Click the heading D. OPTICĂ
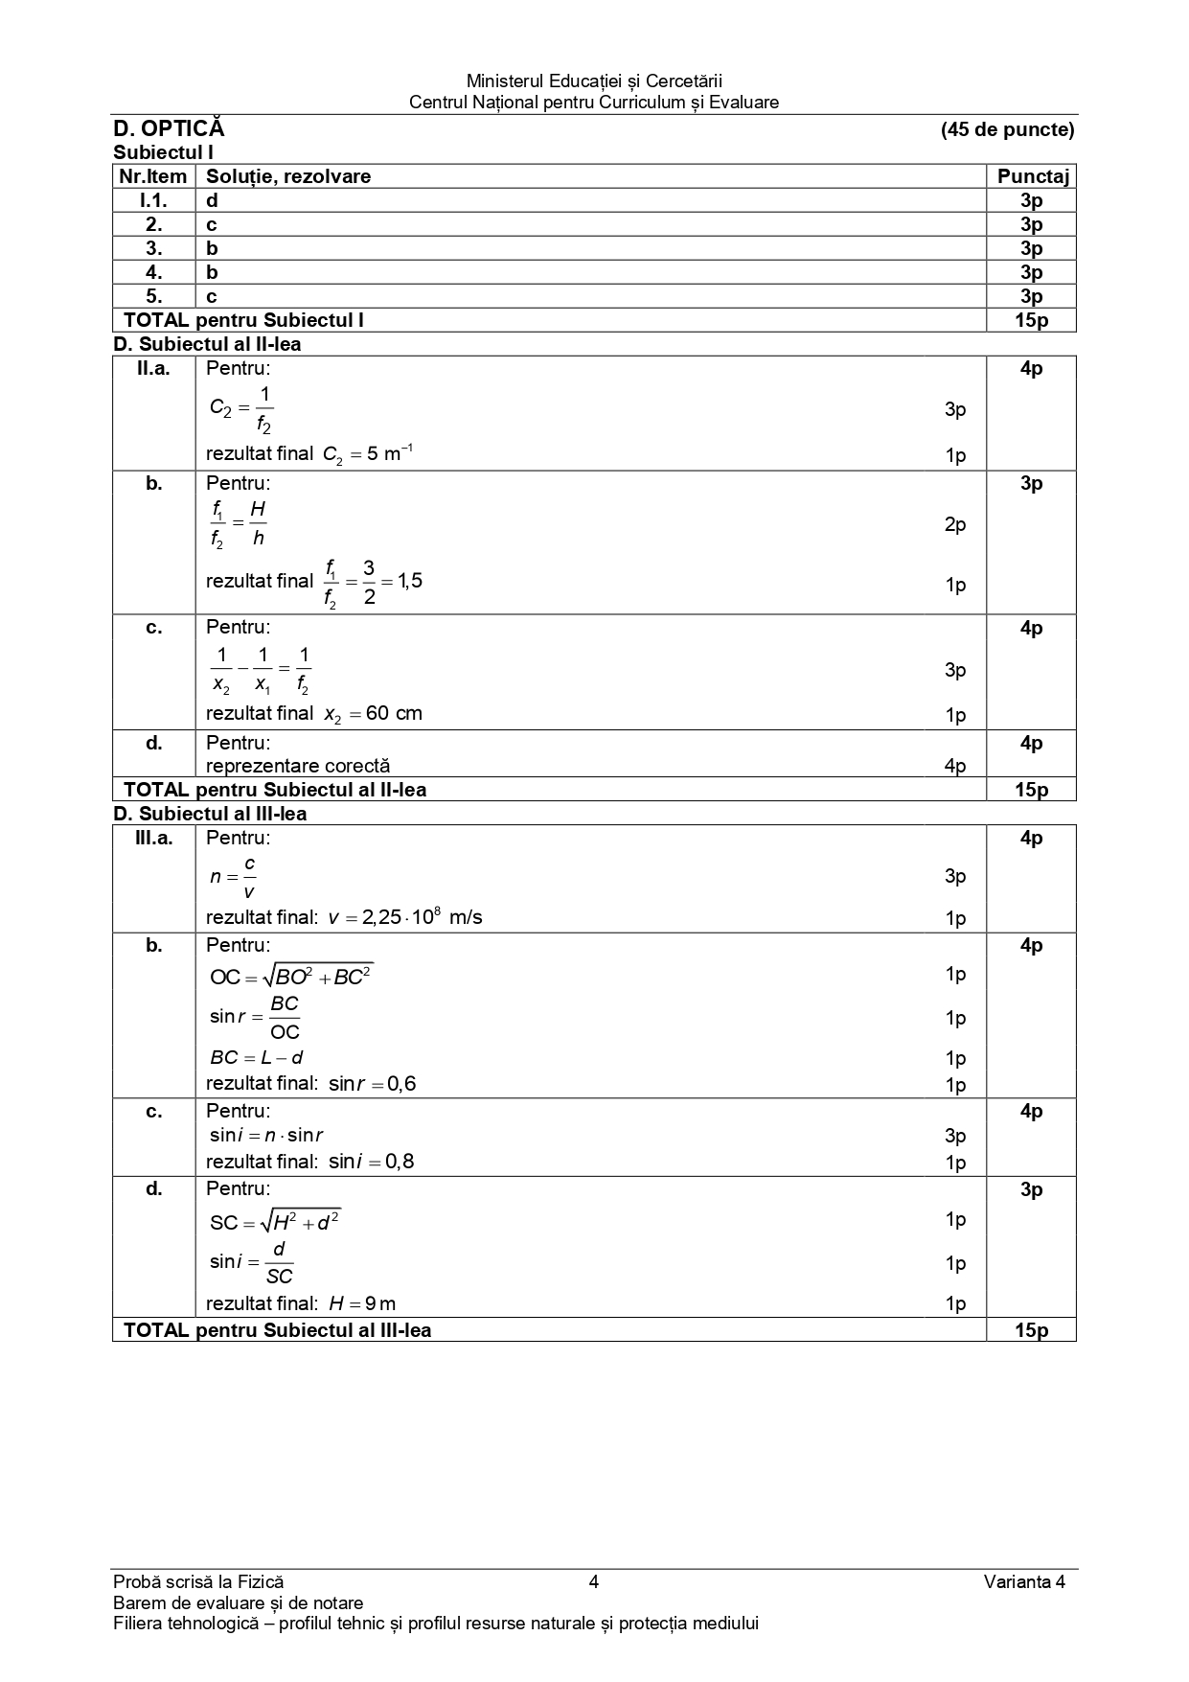(x=169, y=129)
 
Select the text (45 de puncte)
(x=1007, y=129)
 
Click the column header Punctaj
(x=1032, y=176)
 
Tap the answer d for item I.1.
(x=212, y=200)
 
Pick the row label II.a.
(x=153, y=369)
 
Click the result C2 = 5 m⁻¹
(x=368, y=454)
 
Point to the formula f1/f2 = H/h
(x=238, y=523)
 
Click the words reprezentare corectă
(x=298, y=766)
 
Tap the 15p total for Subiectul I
(x=1031, y=320)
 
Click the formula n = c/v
(x=233, y=877)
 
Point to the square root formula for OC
(x=291, y=977)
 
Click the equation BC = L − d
(x=256, y=1058)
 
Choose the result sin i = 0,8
(x=371, y=1162)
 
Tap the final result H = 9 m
(x=361, y=1303)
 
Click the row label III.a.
(x=153, y=839)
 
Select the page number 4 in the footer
(x=594, y=1581)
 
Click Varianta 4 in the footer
(x=1023, y=1581)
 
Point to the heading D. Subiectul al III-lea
(x=210, y=814)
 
